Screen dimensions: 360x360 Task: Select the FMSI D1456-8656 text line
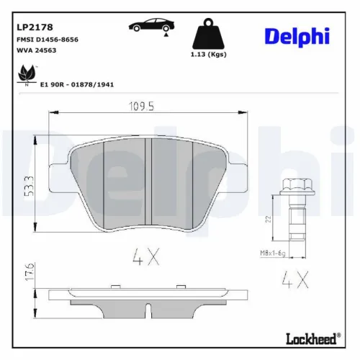click(x=48, y=40)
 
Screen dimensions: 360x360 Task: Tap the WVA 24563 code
click(x=36, y=51)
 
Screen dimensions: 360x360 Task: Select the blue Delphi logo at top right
click(x=296, y=36)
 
